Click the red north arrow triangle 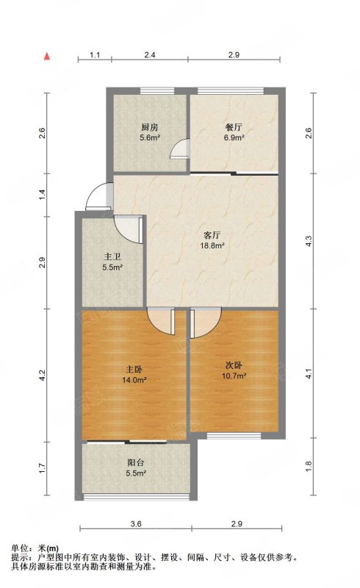point(47,57)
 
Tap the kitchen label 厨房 point(150,127)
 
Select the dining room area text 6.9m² point(234,137)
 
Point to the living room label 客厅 point(212,235)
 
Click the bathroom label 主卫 point(112,257)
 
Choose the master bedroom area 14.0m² point(134,380)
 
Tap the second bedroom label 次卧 point(234,365)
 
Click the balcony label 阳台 point(136,463)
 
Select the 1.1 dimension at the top point(95,54)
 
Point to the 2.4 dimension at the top point(150,54)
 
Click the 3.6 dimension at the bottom point(136,524)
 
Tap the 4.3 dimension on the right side point(309,241)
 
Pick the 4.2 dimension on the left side point(42,376)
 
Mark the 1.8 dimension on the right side point(309,466)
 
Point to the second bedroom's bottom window point(234,436)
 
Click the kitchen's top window point(157,90)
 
